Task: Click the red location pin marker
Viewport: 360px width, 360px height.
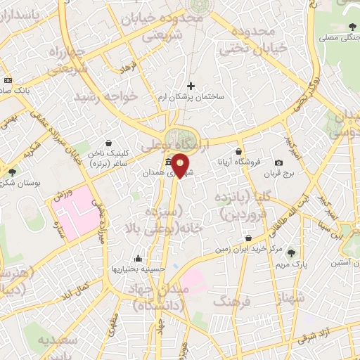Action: [181, 166]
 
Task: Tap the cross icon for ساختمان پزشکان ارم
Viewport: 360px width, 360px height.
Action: [191, 86]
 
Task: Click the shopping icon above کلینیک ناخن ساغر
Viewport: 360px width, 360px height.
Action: [108, 143]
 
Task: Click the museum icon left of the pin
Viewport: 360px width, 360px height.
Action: [168, 163]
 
